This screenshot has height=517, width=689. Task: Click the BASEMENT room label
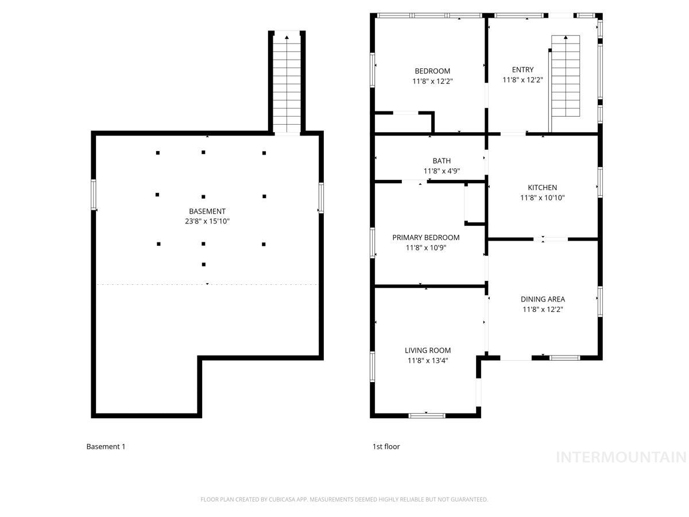click(207, 211)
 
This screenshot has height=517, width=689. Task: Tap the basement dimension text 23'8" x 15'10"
click(207, 221)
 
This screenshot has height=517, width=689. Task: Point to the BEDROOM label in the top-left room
click(432, 71)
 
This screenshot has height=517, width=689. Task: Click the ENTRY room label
click(522, 70)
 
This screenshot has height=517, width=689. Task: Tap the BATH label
click(442, 161)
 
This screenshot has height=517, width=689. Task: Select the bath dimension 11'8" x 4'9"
click(442, 171)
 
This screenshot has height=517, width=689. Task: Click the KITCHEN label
click(542, 187)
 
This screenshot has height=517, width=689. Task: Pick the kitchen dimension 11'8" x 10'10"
click(542, 198)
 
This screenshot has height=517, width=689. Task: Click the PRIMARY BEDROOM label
click(425, 237)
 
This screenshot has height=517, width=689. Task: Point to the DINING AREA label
click(543, 299)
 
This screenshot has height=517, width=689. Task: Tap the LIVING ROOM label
click(428, 350)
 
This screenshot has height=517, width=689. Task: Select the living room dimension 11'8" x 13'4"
click(428, 361)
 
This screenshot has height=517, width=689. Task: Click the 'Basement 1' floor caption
click(106, 446)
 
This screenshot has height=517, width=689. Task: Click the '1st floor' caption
click(386, 446)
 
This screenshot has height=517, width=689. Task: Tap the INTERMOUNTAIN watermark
click(621, 457)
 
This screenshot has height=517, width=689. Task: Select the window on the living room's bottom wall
click(427, 415)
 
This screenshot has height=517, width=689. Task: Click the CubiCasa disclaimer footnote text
click(344, 499)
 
